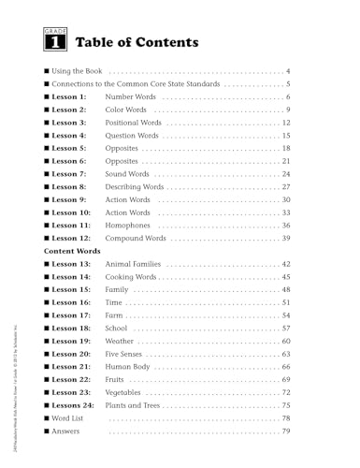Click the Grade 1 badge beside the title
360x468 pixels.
(55, 41)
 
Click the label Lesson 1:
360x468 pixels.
(70, 97)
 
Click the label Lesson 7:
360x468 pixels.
(70, 174)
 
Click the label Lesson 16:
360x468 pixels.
(72, 303)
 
